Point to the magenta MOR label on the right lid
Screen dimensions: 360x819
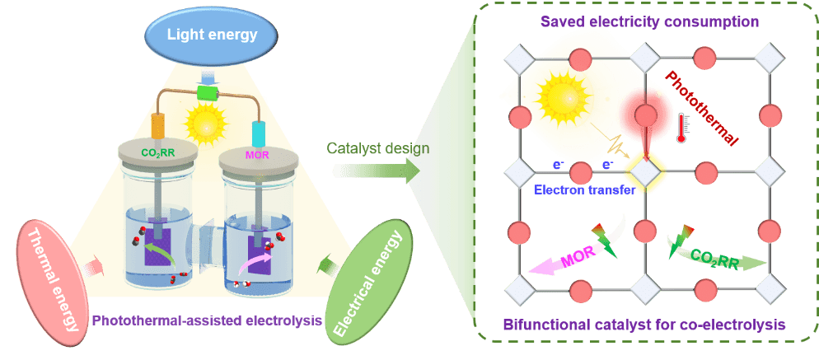(259, 154)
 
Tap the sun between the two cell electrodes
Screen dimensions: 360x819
(205, 124)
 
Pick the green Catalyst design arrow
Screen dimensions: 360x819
(376, 170)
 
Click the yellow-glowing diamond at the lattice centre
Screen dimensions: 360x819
(644, 172)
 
